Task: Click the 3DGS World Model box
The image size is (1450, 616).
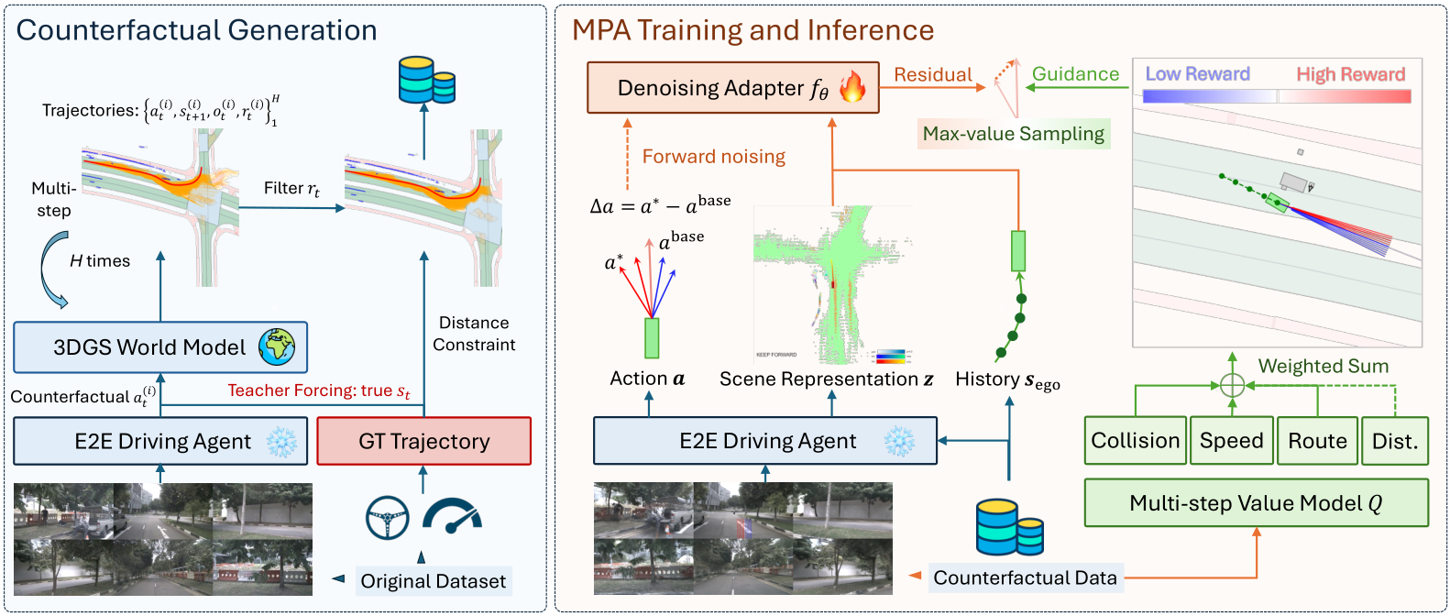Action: pos(160,347)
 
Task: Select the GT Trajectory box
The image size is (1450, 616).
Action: pos(423,441)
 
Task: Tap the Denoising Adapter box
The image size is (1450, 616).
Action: pos(732,88)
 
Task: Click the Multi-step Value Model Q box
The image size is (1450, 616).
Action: pos(1256,502)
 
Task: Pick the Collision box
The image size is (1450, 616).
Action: pos(1135,441)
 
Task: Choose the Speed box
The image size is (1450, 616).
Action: pos(1232,441)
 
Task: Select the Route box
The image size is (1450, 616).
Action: pos(1317,441)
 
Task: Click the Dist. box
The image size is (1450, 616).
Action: pos(1394,441)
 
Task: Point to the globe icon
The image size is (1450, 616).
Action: pos(277,347)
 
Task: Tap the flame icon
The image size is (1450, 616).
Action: pos(852,87)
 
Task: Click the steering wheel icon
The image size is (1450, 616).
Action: pos(387,518)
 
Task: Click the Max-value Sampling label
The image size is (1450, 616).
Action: pos(1014,134)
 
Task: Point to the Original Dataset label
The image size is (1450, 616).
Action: pos(433,581)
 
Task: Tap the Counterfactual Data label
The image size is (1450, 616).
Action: pos(1025,577)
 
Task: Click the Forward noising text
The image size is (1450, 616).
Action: pos(713,157)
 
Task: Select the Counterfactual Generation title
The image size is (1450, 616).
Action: pos(196,30)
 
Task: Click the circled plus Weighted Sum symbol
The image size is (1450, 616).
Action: pos(1233,385)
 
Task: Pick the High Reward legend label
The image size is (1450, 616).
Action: pos(1350,74)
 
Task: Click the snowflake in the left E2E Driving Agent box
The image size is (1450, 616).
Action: pos(281,442)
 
